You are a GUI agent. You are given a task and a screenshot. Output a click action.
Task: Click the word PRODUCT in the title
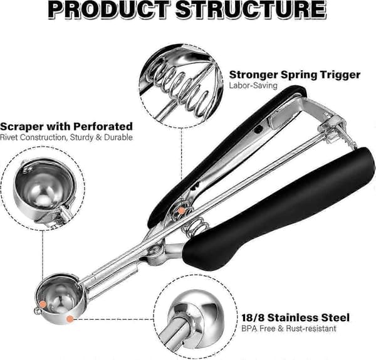click(109, 9)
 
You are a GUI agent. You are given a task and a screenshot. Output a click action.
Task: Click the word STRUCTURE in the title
click(251, 9)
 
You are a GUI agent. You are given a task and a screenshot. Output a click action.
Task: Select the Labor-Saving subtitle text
click(253, 85)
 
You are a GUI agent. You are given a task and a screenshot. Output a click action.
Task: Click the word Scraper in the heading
click(21, 127)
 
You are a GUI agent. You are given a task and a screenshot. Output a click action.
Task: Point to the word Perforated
click(103, 126)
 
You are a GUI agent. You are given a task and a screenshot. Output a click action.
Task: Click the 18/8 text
click(253, 318)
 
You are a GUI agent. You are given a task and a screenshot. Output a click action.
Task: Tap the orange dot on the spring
click(182, 211)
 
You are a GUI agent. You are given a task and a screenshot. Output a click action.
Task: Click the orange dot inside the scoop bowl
click(43, 304)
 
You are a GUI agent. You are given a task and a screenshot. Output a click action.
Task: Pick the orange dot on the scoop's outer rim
click(70, 319)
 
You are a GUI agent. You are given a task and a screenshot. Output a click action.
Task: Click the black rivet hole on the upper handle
click(258, 130)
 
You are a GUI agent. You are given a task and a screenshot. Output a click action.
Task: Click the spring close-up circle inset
click(181, 86)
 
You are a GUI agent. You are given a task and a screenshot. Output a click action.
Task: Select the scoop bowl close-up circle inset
click(43, 188)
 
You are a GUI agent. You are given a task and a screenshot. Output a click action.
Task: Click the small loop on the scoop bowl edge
click(37, 311)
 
